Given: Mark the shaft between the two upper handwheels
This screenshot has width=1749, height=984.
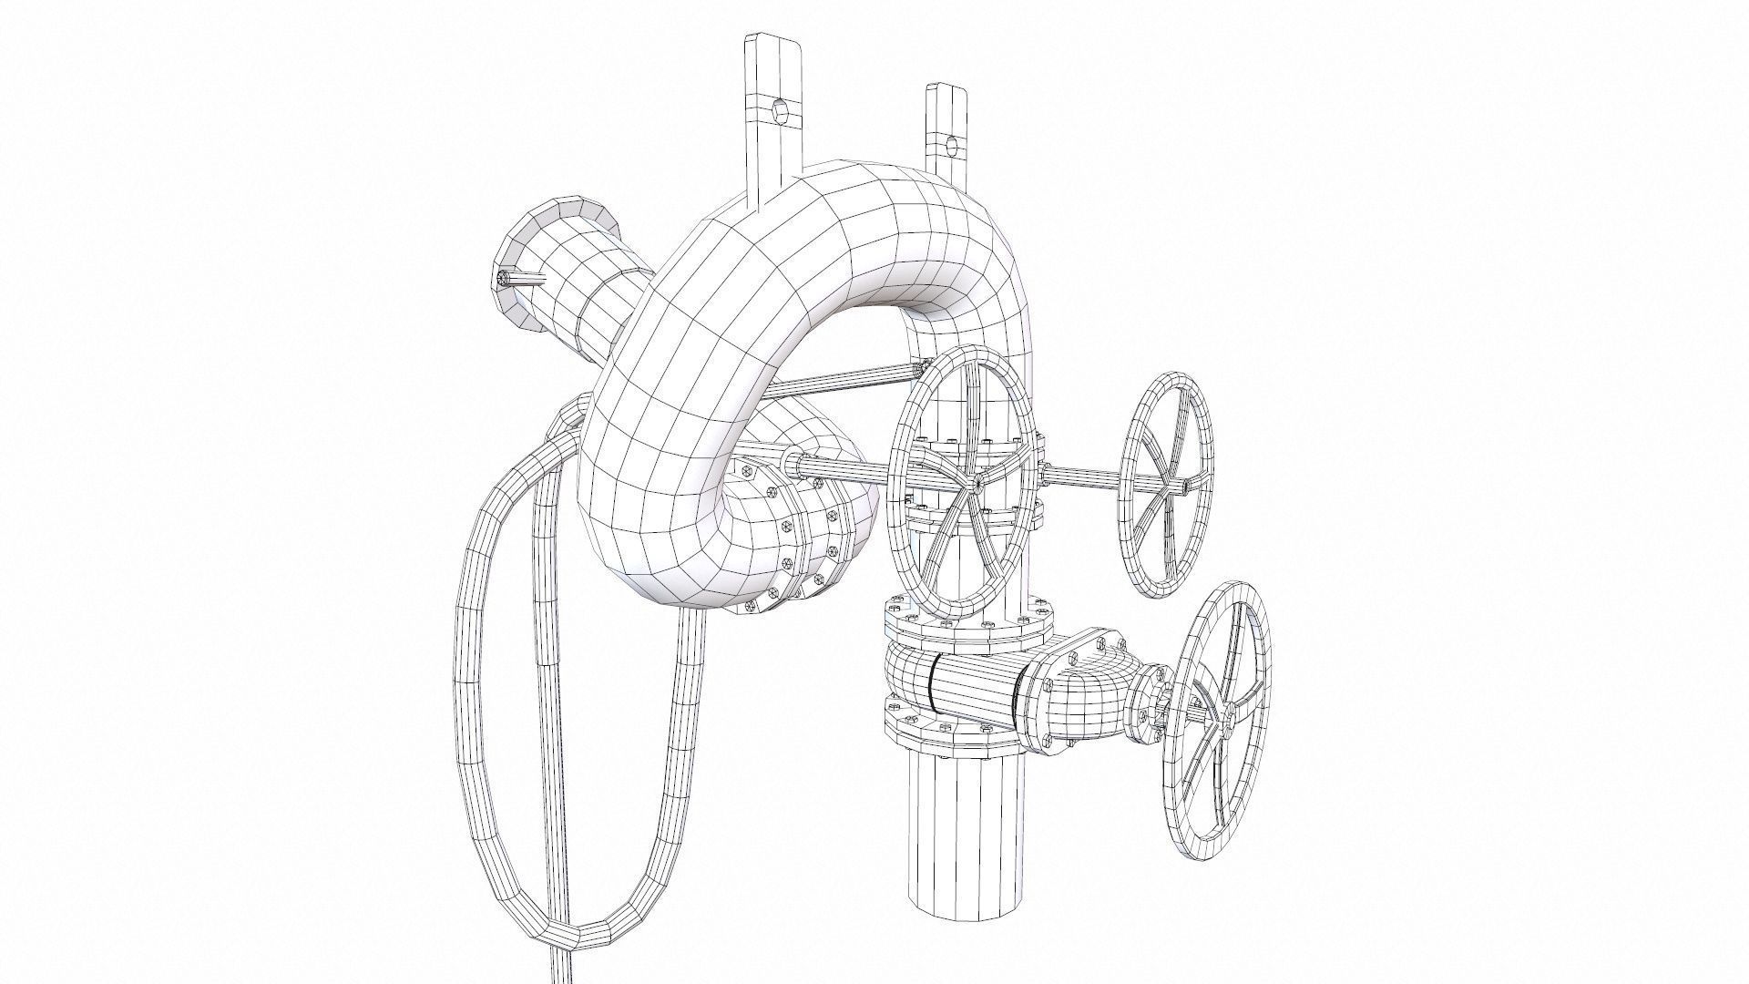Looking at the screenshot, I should pos(1084,477).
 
